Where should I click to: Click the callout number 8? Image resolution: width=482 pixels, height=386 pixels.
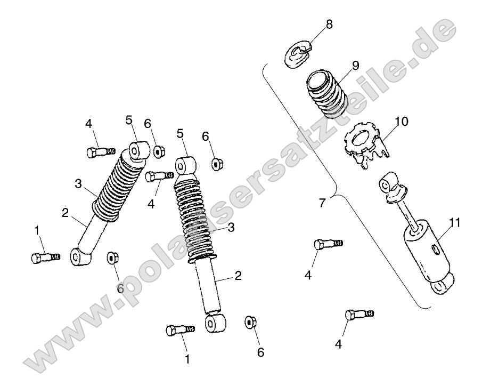coord(329,25)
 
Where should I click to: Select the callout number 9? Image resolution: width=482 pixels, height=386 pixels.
coord(355,66)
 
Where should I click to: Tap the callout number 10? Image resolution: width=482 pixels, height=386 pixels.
coord(402,121)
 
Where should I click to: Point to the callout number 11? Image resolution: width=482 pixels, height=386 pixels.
coord(455,222)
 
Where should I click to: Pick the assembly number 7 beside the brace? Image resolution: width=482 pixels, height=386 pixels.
coord(322,203)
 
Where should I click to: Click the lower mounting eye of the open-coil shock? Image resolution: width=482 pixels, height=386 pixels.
coord(215,323)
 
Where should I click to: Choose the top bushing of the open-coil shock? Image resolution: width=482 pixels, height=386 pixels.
coord(185,166)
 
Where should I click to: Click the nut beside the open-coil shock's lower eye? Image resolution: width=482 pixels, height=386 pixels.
coord(250,323)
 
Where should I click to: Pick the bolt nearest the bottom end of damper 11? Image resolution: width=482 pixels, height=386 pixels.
coord(359,315)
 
